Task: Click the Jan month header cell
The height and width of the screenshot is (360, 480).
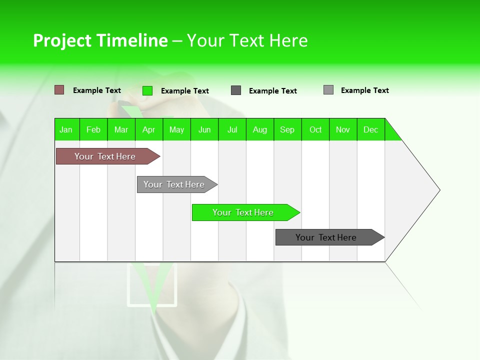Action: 66,129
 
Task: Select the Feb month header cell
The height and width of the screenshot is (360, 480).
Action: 93,129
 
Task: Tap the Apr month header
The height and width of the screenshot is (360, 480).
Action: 149,129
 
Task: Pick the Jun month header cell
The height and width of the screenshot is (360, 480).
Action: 204,129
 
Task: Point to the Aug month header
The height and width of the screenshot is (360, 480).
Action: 260,129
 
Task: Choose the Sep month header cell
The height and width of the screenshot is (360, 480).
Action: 287,129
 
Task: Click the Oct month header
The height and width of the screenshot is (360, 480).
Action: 315,129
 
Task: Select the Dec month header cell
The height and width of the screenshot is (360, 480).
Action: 371,129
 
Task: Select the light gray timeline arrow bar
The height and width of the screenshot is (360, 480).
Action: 175,184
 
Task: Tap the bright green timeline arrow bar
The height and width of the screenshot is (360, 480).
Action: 244,212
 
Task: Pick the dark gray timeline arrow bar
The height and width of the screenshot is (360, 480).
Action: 327,237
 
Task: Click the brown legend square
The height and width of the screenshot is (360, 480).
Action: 59,90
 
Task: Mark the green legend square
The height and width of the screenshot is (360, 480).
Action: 147,90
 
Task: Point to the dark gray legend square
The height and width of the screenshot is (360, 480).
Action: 236,90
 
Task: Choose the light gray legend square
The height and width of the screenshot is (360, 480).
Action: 328,90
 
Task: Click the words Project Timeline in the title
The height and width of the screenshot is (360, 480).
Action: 100,40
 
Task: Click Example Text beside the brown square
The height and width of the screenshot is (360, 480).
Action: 97,90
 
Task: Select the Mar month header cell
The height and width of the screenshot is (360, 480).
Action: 121,129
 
